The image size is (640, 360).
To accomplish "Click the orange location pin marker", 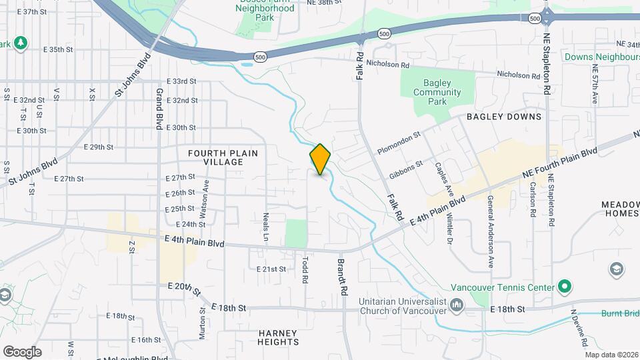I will pyautogui.click(x=320, y=159).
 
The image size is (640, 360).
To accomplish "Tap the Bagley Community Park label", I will pyautogui.click(x=437, y=92).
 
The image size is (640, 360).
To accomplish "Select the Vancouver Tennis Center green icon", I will pyautogui.click(x=565, y=287).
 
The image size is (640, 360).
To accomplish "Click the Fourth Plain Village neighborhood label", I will pyautogui.click(x=223, y=157).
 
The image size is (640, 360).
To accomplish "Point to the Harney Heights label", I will pyautogui.click(x=278, y=337).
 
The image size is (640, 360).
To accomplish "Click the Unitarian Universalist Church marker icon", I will pyautogui.click(x=457, y=305).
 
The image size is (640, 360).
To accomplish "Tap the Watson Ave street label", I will pyautogui.click(x=206, y=195).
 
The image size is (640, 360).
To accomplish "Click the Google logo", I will pyautogui.click(x=22, y=351).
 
